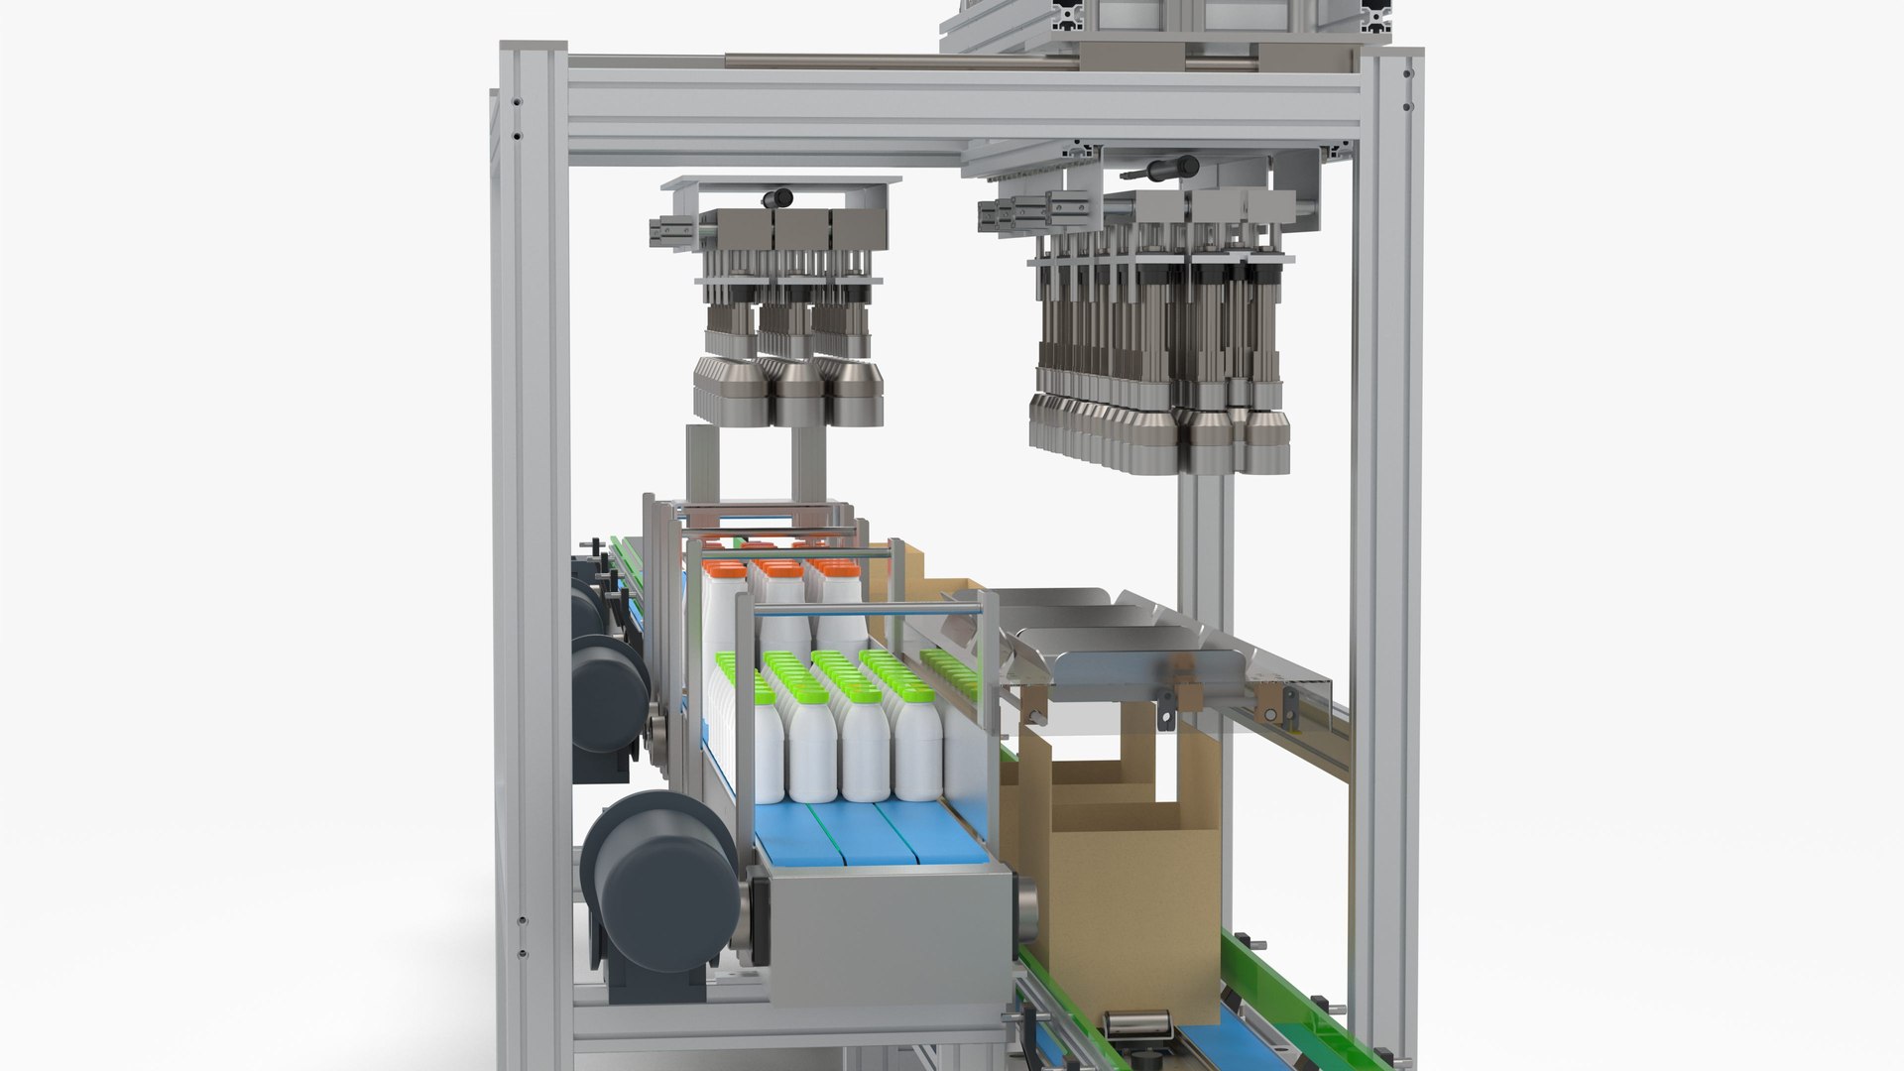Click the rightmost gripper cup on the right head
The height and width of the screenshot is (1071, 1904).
coord(1266,441)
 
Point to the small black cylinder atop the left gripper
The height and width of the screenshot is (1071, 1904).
coord(779,197)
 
